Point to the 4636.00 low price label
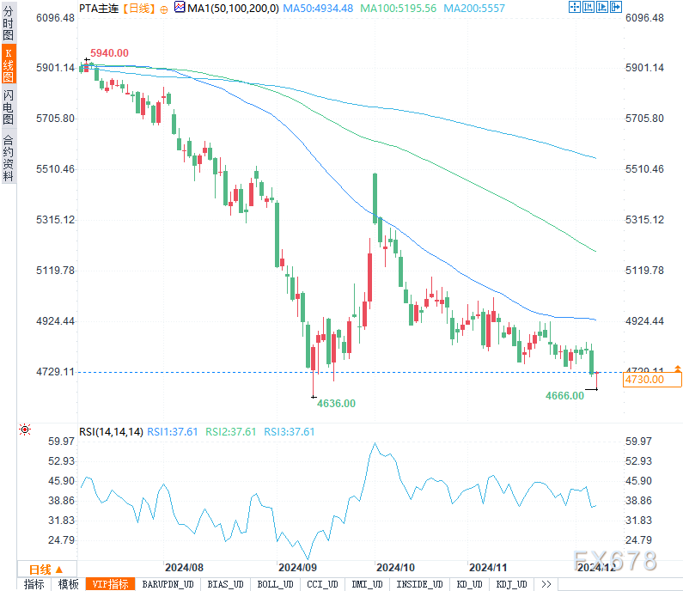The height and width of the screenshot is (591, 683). pos(336,402)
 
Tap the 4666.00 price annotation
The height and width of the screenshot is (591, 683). pos(564,395)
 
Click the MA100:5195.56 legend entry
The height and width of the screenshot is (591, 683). pos(399,8)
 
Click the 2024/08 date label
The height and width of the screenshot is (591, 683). pos(184,568)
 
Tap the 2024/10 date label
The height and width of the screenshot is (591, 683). pos(396,568)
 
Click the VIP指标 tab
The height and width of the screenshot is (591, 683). pos(111,584)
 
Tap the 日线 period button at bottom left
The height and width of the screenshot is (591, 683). pos(40,570)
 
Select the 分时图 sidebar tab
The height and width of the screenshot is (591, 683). pos(8,24)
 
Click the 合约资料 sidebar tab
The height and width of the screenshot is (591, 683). pos(8,157)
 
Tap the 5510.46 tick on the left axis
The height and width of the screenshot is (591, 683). pos(56,169)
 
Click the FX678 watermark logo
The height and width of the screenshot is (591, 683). pos(614,561)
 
